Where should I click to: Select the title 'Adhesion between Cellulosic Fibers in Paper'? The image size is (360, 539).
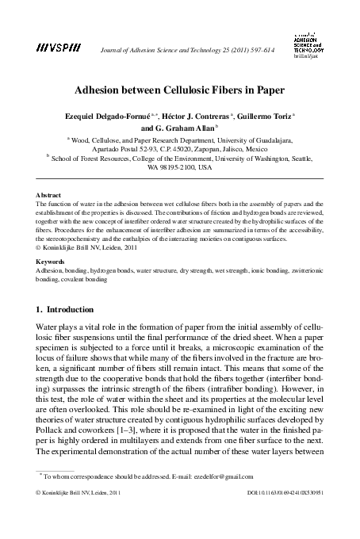pyautogui.click(x=180, y=90)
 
